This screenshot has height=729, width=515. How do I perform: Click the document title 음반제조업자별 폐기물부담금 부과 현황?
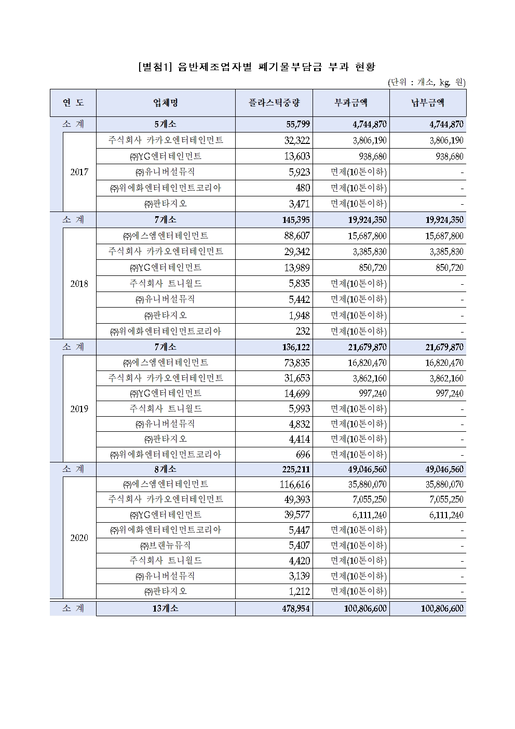(257, 67)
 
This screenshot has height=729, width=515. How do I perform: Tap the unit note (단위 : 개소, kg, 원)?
(426, 82)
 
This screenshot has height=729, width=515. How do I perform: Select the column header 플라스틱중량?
(274, 103)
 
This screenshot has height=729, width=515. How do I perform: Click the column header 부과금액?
(351, 103)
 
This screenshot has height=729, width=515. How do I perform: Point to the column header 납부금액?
(428, 103)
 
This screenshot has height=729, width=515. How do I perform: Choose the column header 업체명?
(166, 103)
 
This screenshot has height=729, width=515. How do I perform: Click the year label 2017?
(79, 172)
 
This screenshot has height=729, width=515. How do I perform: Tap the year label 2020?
(79, 538)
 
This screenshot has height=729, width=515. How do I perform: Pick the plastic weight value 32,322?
(297, 140)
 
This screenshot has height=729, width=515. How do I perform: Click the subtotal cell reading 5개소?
(166, 125)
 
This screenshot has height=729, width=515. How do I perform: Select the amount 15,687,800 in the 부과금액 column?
(367, 236)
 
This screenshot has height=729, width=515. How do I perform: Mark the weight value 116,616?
(294, 484)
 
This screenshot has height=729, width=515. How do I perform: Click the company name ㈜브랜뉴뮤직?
(166, 546)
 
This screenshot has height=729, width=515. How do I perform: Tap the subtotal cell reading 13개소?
(166, 608)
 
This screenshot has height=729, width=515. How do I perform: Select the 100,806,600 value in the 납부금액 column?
(442, 608)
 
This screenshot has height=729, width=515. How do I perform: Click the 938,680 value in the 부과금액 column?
(372, 156)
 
